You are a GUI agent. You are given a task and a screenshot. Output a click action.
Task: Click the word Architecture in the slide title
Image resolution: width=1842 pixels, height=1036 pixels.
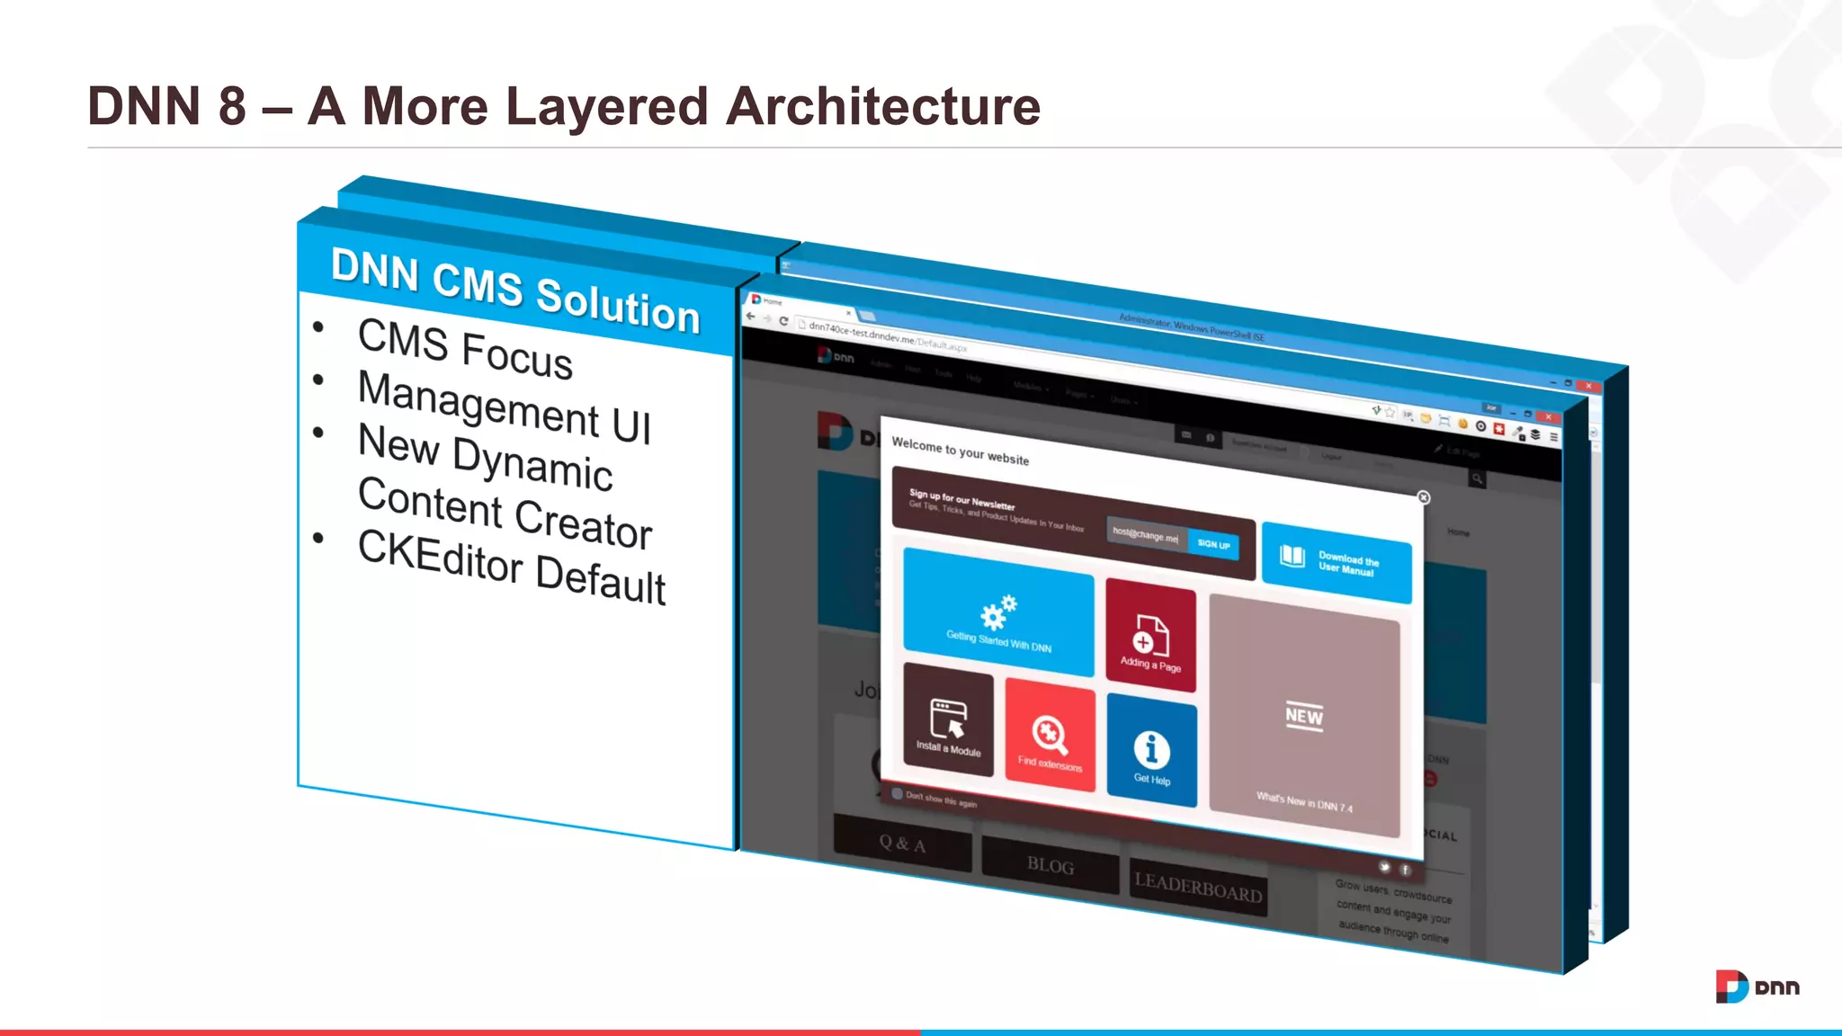point(882,107)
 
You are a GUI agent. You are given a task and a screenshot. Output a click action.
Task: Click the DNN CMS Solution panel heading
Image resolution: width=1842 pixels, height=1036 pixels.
point(515,290)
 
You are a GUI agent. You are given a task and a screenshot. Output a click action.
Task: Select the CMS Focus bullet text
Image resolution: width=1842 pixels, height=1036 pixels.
point(465,349)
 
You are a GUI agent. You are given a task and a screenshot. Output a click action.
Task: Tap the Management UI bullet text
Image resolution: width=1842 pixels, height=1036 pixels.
point(505,406)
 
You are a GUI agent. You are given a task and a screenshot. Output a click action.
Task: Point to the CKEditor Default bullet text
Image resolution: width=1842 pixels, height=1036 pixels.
point(512,567)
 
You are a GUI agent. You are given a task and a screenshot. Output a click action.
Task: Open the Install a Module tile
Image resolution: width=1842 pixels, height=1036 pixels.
point(948,720)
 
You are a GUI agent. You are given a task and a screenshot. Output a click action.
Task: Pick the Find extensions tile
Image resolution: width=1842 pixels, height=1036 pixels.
point(1050,739)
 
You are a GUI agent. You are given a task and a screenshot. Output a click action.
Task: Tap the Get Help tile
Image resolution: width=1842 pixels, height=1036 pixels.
point(1151,752)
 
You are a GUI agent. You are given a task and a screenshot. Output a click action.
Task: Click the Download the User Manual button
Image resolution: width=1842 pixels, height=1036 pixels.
point(1336,562)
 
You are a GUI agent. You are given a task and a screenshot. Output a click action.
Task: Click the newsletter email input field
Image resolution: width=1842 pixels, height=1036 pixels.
point(1146,536)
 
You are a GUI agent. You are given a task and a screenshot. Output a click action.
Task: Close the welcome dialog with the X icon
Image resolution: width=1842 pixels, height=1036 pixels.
point(1423,497)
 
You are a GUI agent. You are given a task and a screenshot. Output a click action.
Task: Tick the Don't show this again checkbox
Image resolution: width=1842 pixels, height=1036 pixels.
point(897,794)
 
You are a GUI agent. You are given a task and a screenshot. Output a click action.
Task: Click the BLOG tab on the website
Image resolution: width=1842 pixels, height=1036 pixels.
point(1051,865)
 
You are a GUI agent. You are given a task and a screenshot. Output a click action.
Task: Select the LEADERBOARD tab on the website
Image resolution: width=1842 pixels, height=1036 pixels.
point(1198,888)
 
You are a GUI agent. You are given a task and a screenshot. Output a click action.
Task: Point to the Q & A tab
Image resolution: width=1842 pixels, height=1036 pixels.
point(902,844)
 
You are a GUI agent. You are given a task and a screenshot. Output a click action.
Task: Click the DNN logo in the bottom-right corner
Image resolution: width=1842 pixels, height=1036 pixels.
point(1757,987)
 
